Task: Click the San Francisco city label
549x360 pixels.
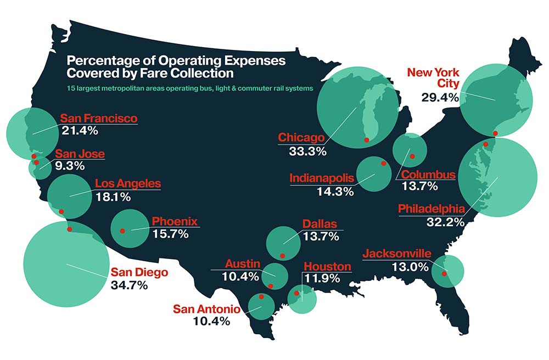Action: [x=99, y=119]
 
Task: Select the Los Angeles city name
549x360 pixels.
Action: [x=128, y=183]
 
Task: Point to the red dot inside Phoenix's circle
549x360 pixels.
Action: [x=122, y=231]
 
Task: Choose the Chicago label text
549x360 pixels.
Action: [x=301, y=138]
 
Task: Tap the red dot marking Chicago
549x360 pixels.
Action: [x=366, y=140]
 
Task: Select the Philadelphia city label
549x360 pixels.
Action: [x=432, y=209]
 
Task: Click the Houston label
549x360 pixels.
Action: [x=327, y=267]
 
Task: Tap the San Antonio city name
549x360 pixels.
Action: [x=206, y=308]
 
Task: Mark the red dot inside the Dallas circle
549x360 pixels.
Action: [x=282, y=255]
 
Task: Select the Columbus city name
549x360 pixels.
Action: [x=428, y=175]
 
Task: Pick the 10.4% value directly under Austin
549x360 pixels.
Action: [x=240, y=277]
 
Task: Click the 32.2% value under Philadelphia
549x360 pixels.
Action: [x=445, y=222]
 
